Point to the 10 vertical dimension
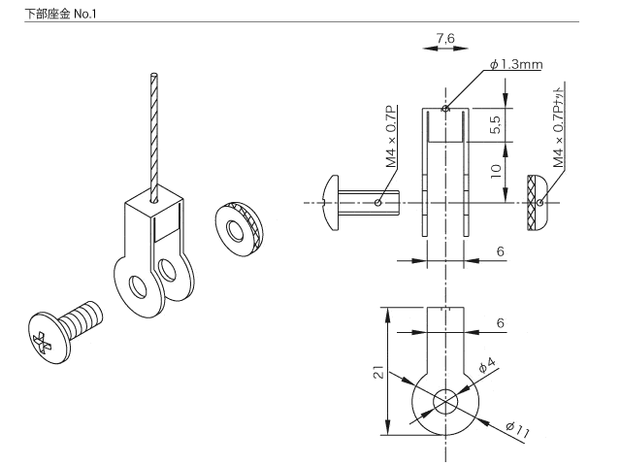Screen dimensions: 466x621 pyautogui.click(x=494, y=172)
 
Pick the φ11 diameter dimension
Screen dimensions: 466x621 pyautogui.click(x=515, y=430)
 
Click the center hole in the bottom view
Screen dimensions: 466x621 pyautogui.click(x=445, y=401)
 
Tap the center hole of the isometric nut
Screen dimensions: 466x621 pyautogui.click(x=234, y=230)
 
